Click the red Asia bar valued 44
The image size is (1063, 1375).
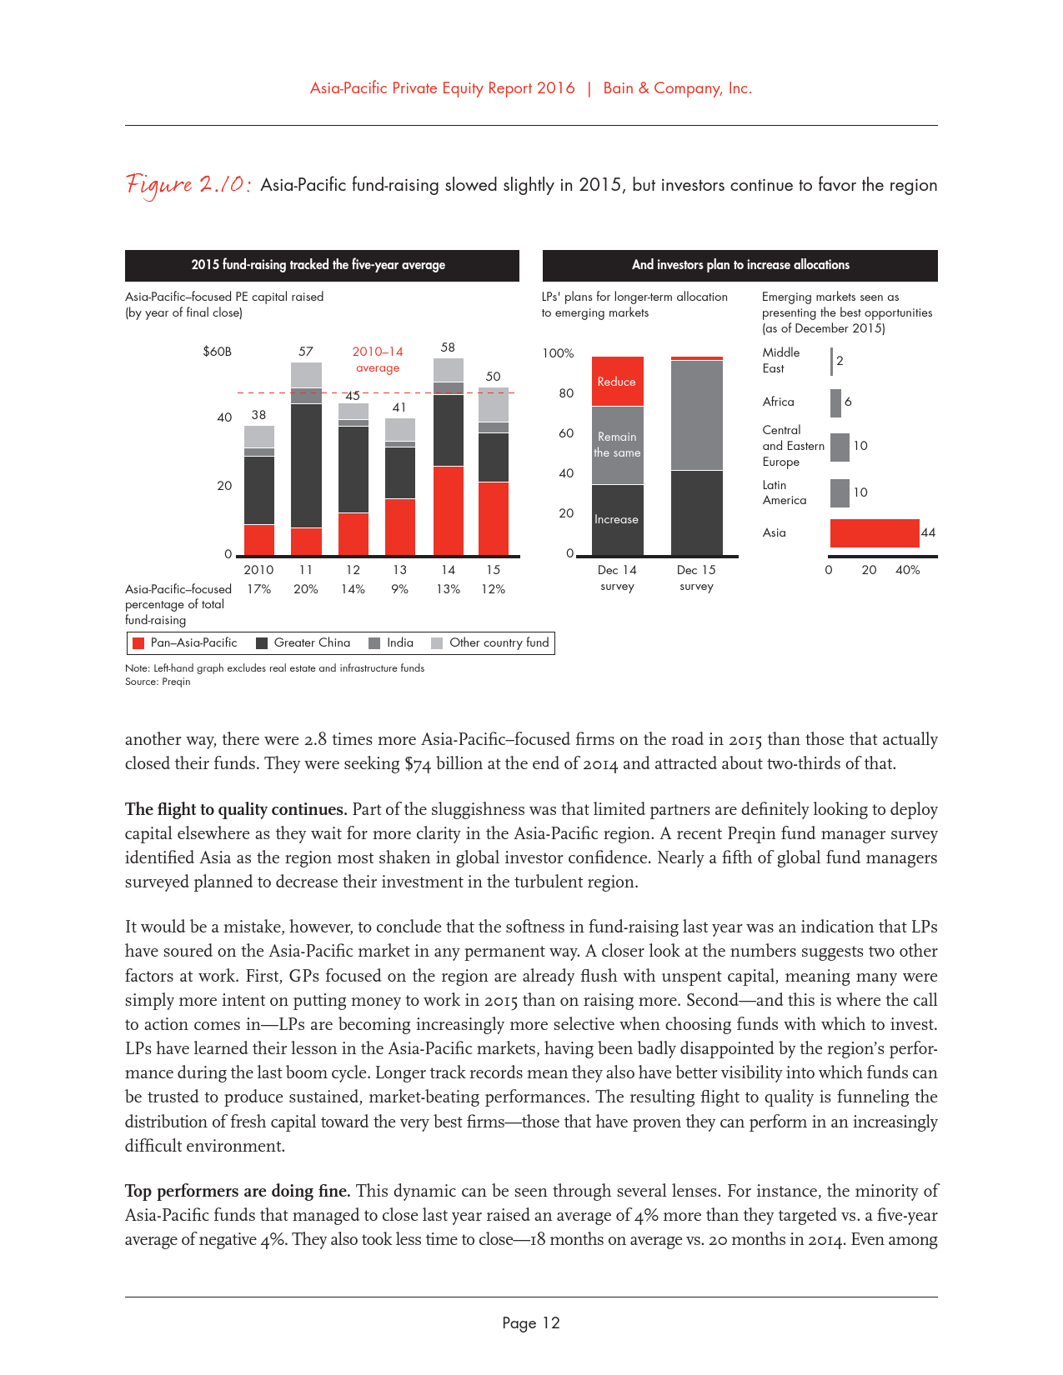coord(874,533)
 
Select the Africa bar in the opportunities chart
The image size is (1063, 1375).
coord(835,403)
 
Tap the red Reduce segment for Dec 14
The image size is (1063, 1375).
coord(617,382)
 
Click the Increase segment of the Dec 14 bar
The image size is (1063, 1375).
coord(617,519)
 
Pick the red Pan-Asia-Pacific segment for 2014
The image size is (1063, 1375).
coord(449,510)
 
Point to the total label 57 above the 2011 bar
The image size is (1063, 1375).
coord(306,352)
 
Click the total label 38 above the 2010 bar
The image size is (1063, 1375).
coord(259,415)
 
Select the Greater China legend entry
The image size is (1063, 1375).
coord(303,643)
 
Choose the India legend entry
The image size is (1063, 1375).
coord(391,643)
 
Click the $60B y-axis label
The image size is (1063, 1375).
coord(218,352)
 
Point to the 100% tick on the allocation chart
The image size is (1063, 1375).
coord(558,353)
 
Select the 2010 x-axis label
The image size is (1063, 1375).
coord(258,570)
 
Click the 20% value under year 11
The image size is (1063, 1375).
coord(306,589)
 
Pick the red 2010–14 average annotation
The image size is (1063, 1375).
coord(378,360)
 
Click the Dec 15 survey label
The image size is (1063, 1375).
coord(696,578)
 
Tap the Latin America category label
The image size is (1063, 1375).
coord(785,492)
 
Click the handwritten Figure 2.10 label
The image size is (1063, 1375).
coord(188,184)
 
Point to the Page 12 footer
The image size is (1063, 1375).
coord(531,1323)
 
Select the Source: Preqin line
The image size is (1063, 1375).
coord(158,682)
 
